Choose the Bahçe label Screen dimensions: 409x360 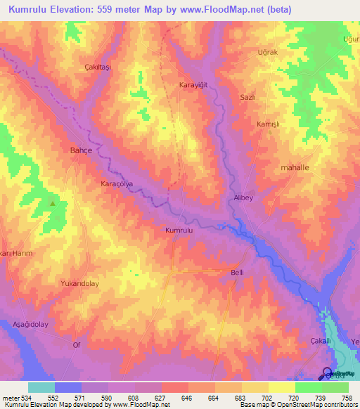pyautogui.click(x=82, y=150)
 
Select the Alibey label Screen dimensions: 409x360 pyautogui.click(x=243, y=198)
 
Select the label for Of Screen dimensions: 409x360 pyautogui.click(x=77, y=345)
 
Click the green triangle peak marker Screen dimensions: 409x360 pyautogui.click(x=53, y=203)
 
